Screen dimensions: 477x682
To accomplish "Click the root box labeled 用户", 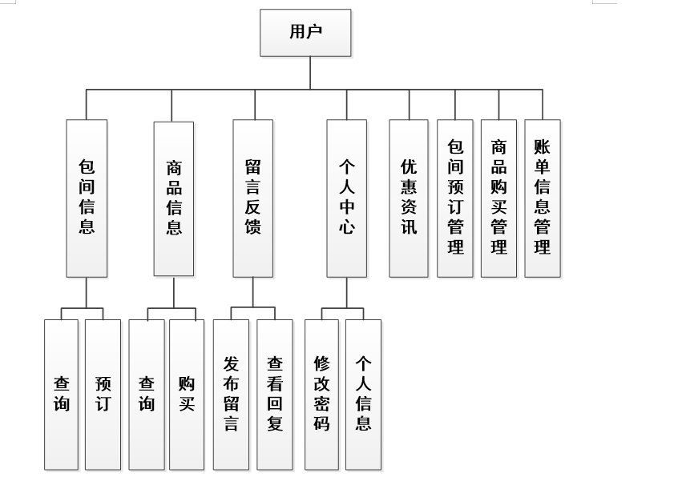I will click(x=305, y=33).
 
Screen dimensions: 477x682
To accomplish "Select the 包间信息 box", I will click(x=87, y=198).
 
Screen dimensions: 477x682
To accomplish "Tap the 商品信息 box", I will click(x=173, y=198).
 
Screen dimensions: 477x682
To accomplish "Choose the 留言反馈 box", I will click(x=252, y=198).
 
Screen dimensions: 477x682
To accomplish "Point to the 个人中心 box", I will click(x=347, y=198).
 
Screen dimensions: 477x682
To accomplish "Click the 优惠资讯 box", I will click(x=409, y=198).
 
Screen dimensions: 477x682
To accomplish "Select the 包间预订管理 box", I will click(x=455, y=198).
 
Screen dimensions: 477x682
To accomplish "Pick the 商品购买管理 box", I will click(x=498, y=198).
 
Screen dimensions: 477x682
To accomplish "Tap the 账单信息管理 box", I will click(x=543, y=198).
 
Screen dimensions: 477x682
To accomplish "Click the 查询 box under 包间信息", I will click(x=62, y=394).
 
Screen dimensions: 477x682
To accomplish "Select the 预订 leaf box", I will click(x=103, y=394).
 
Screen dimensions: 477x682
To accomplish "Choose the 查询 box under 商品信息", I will click(x=147, y=394).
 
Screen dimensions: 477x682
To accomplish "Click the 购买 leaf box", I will click(x=187, y=394).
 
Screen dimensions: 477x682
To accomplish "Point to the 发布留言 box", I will click(x=231, y=394).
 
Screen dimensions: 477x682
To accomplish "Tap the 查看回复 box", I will click(x=275, y=394).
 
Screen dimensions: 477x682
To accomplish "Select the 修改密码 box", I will click(x=321, y=394).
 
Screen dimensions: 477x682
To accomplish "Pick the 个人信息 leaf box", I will click(x=363, y=394).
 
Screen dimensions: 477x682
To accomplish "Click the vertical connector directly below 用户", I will click(x=310, y=73).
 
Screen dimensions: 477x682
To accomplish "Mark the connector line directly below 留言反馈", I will click(x=252, y=292).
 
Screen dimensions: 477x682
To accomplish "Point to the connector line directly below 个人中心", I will click(x=347, y=292).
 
